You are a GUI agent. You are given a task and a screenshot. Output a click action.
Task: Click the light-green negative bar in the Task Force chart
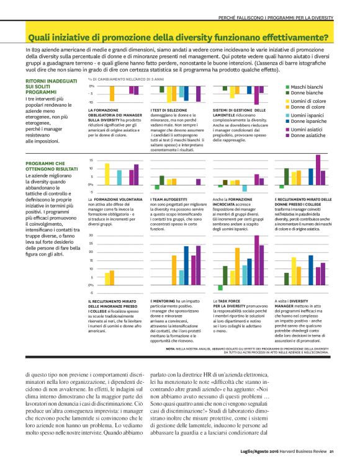tap(220, 288)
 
